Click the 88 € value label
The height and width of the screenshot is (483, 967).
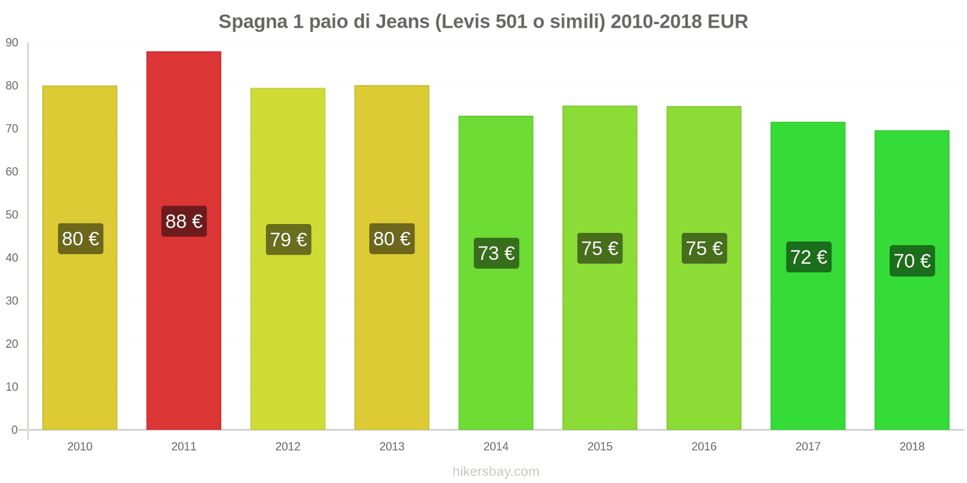point(184,222)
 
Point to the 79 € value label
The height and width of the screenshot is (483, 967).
point(288,240)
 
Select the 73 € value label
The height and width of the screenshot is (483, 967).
point(496,253)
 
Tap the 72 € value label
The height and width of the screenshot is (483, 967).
point(809,257)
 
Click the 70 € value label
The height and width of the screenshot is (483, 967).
point(912,261)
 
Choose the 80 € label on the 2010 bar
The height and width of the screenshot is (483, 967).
point(80,239)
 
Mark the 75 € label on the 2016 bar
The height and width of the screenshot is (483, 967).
point(704,248)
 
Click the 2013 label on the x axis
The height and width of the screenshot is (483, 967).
point(392,447)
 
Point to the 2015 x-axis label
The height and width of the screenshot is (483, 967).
point(600,447)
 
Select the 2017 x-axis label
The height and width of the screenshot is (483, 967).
point(807,447)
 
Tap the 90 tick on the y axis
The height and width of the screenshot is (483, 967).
point(12,43)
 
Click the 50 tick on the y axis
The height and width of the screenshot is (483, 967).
point(12,215)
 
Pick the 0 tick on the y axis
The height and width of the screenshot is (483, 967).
point(15,430)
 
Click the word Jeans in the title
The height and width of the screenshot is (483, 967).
point(402,22)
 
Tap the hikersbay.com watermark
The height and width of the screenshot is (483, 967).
point(496,472)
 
